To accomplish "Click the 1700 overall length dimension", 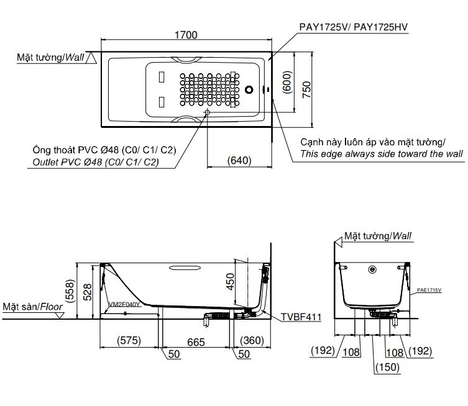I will click(186, 36).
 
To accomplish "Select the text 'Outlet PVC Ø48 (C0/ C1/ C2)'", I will click(94, 162).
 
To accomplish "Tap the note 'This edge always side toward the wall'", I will click(381, 153).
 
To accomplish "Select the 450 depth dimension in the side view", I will click(231, 283).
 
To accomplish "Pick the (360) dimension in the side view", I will click(255, 340).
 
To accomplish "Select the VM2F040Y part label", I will click(124, 305).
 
